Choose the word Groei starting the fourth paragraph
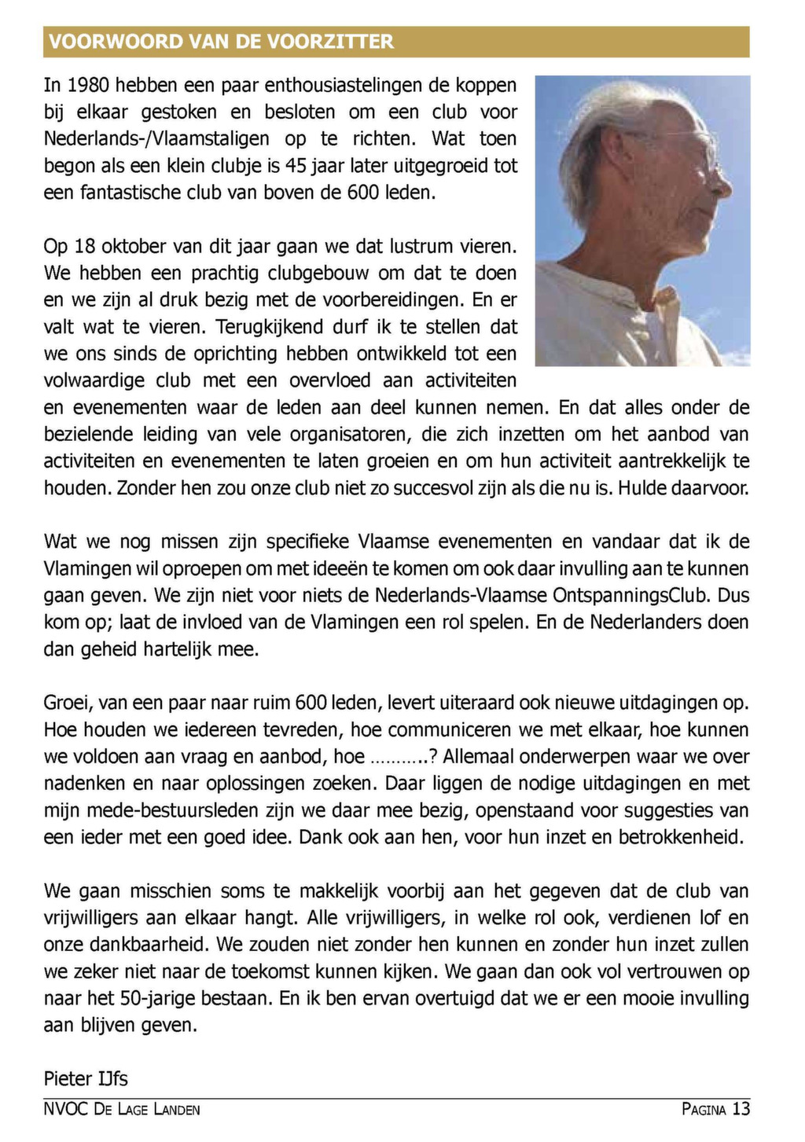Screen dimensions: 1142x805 click(x=67, y=703)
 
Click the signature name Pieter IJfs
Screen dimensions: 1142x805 click(x=86, y=1078)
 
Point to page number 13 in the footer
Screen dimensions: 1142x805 click(x=741, y=1109)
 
